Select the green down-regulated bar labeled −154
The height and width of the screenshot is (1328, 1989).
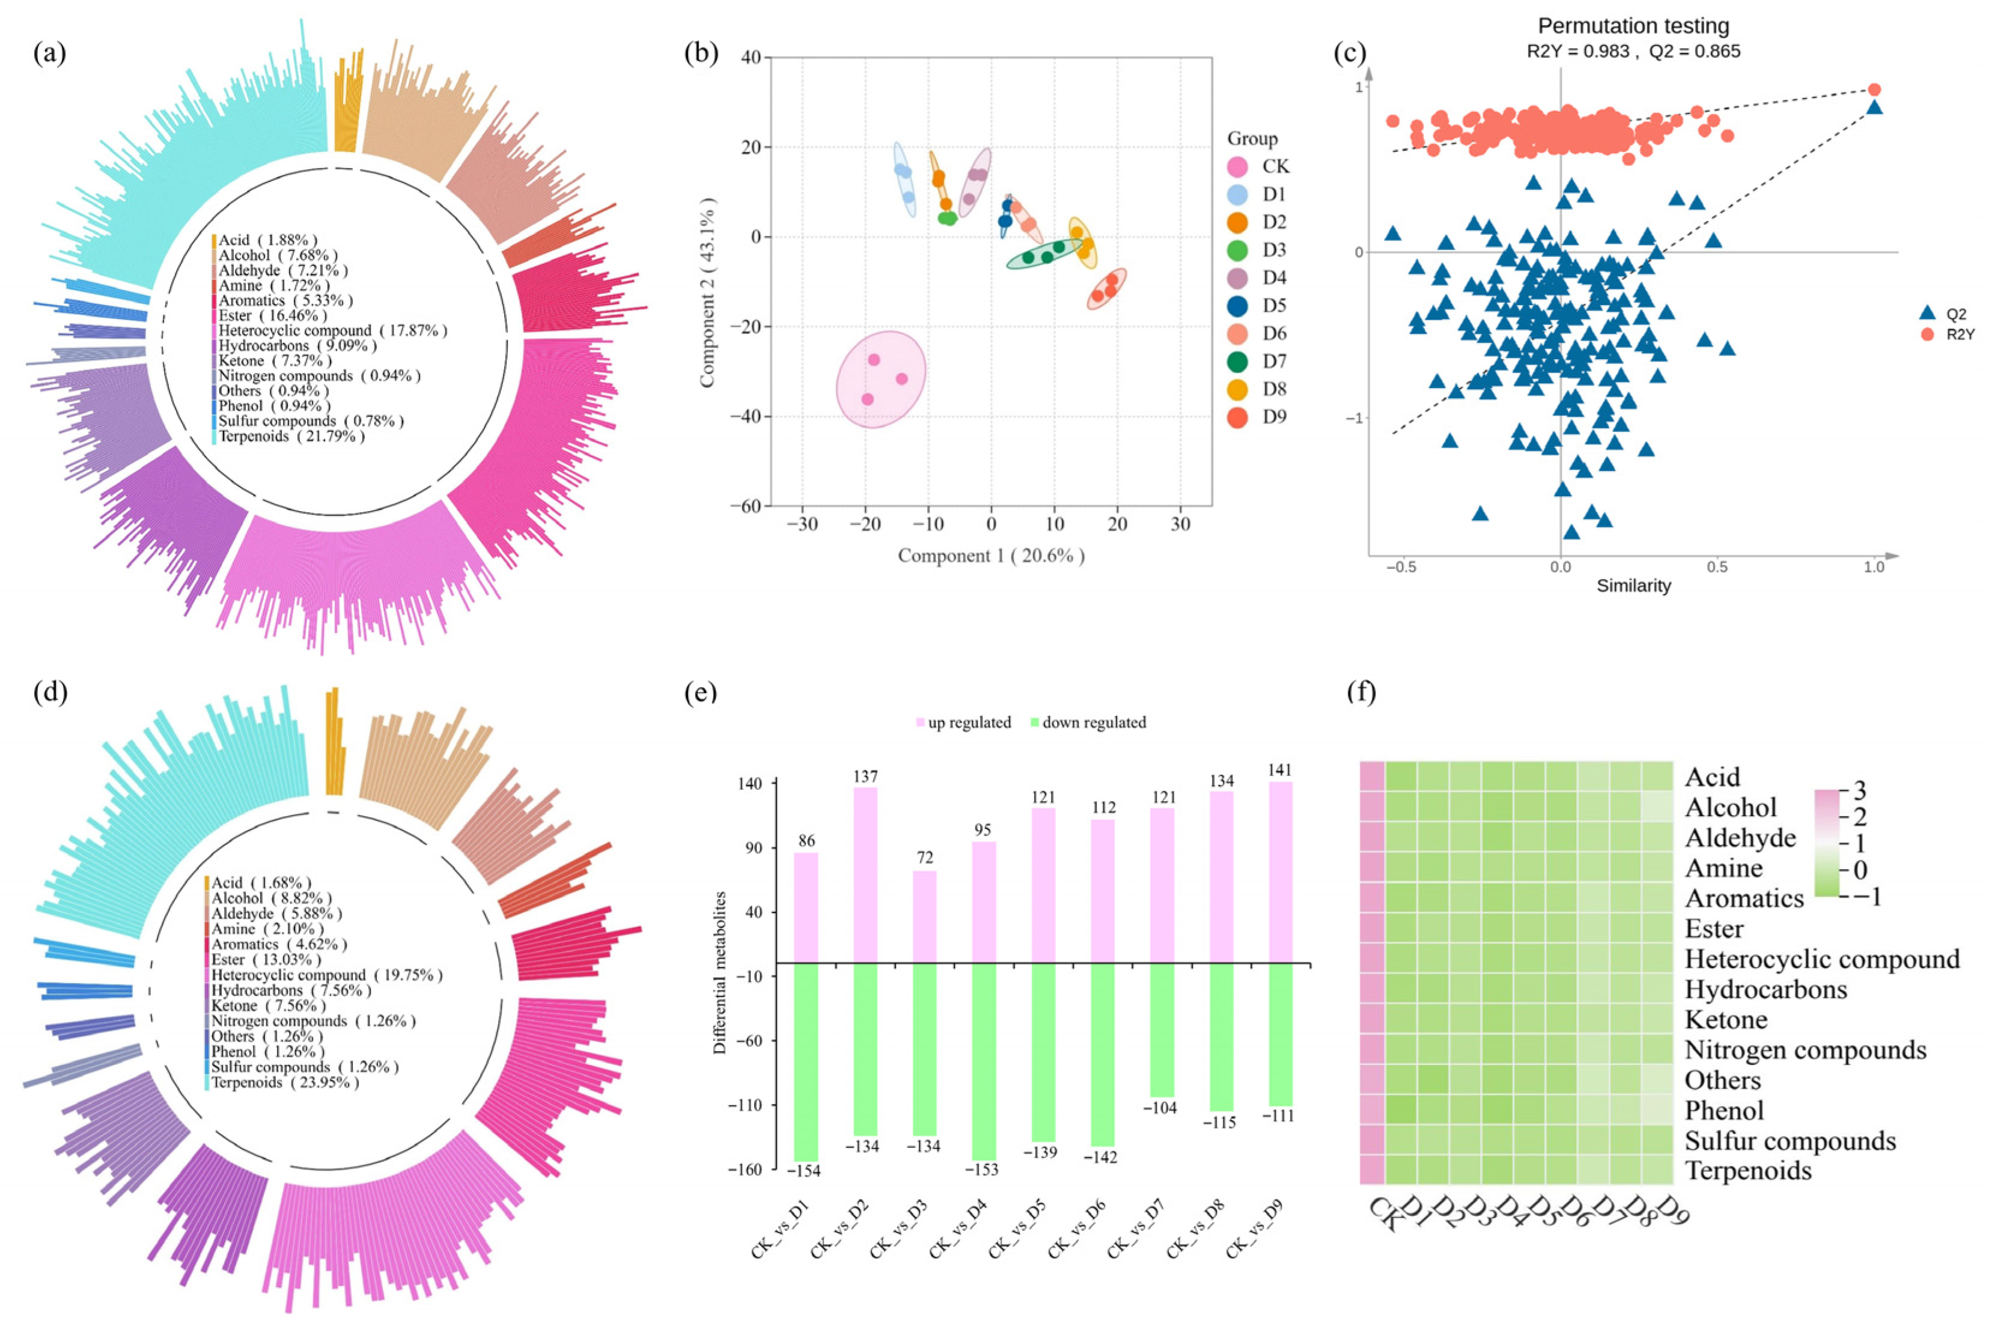pyautogui.click(x=806, y=1061)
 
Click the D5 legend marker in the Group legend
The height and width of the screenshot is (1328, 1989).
pyautogui.click(x=1238, y=306)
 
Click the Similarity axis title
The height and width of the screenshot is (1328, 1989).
pyautogui.click(x=1633, y=585)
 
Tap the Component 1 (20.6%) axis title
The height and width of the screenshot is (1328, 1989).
pyautogui.click(x=991, y=556)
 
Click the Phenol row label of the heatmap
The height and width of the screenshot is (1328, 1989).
pyautogui.click(x=1724, y=1111)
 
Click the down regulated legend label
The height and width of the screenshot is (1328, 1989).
pyautogui.click(x=1094, y=723)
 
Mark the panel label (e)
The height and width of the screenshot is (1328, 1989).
pyautogui.click(x=699, y=692)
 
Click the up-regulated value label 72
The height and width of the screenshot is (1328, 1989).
pyautogui.click(x=924, y=858)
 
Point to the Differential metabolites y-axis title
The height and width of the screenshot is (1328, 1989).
pyautogui.click(x=720, y=972)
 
